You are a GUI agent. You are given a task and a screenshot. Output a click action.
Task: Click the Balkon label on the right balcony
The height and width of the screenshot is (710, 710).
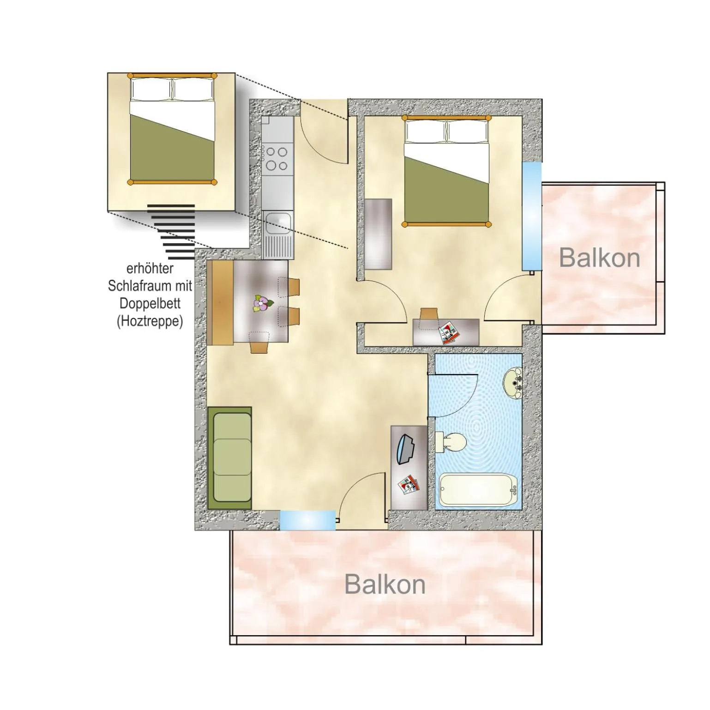coord(599,258)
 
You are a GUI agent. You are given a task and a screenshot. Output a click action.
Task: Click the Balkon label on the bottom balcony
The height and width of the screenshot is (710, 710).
coord(385,584)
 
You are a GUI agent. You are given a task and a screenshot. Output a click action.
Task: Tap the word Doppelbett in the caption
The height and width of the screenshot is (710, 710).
coord(150,303)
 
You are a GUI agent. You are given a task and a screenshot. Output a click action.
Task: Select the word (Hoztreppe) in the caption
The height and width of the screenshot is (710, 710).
coord(150,321)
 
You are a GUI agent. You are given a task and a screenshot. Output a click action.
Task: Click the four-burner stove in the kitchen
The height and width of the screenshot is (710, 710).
coord(277,158)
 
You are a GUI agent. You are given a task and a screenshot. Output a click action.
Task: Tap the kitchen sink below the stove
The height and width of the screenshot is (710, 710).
coord(277,224)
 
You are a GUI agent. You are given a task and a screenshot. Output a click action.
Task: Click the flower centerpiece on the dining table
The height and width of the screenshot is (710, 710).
coord(262,304)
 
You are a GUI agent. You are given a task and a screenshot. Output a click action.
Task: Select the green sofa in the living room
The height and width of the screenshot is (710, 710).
coord(230,458)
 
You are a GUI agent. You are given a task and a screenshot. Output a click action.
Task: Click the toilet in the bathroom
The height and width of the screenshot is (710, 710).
coord(451,442)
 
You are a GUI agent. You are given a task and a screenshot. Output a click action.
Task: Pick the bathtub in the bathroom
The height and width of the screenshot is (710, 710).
coord(478,490)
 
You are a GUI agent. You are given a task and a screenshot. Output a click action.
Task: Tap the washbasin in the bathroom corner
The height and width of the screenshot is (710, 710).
coord(512,382)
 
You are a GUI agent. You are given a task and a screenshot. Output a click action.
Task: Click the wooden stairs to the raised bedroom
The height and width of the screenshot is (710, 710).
coord(173,231)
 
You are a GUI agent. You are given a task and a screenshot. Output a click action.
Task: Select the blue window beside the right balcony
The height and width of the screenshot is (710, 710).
coord(531,216)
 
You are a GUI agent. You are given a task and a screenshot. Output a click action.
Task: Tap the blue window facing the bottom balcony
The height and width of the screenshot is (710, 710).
coord(307,520)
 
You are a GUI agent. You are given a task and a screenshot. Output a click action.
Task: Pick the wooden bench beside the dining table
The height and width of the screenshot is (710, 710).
coord(220,302)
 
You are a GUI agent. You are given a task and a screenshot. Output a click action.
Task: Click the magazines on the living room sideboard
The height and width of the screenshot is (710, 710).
coord(408,485)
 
